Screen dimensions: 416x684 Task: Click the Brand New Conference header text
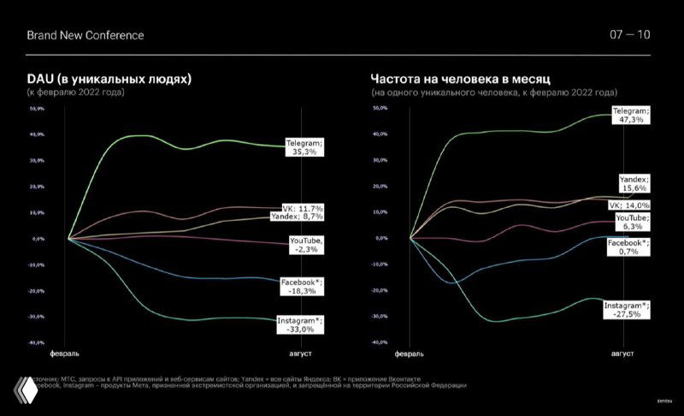[85, 35]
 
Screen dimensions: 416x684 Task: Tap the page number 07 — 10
[629, 35]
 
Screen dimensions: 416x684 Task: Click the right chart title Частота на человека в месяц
[466, 79]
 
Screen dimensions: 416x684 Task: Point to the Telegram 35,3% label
[304, 147]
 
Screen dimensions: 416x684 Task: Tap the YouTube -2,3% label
[306, 245]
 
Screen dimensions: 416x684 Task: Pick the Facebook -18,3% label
[304, 287]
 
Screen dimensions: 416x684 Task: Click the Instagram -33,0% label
[301, 324]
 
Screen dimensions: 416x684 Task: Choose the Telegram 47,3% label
[632, 116]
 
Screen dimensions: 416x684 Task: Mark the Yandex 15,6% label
[634, 184]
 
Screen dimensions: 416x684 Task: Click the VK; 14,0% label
[629, 205]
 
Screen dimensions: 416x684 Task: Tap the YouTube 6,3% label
[632, 223]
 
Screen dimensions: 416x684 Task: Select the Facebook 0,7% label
[628, 248]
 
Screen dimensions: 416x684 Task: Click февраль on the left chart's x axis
[66, 353]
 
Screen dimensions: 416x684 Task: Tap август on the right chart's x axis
[622, 353]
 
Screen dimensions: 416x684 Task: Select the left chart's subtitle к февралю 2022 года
[75, 91]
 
